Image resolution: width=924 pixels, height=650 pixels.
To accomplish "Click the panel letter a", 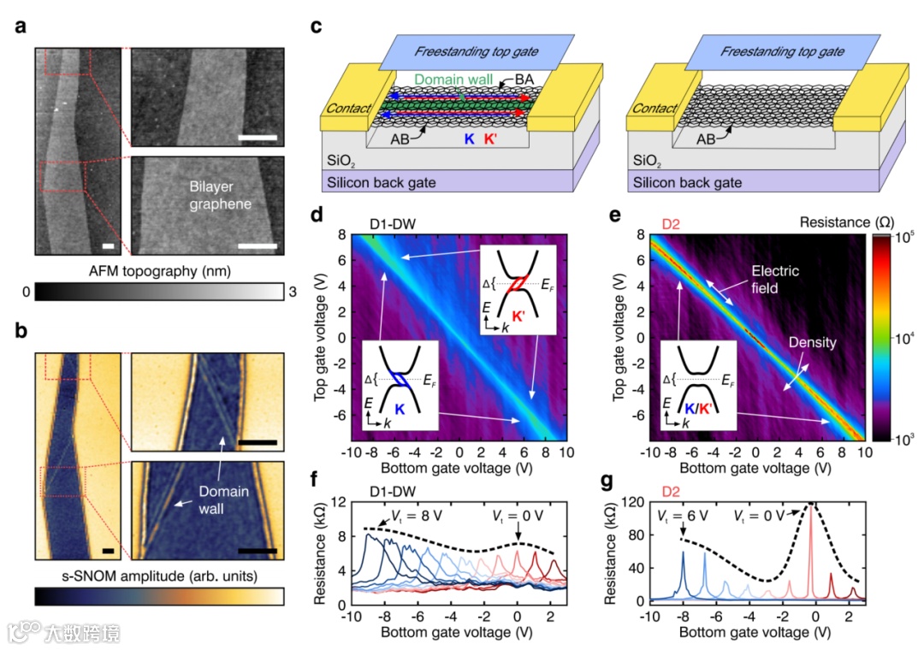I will [19, 28].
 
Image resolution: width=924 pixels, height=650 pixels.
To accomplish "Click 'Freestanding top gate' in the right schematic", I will [781, 51].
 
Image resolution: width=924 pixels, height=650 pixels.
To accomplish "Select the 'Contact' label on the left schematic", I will [347, 109].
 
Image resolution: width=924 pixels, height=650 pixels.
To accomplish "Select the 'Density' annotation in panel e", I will [813, 343].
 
